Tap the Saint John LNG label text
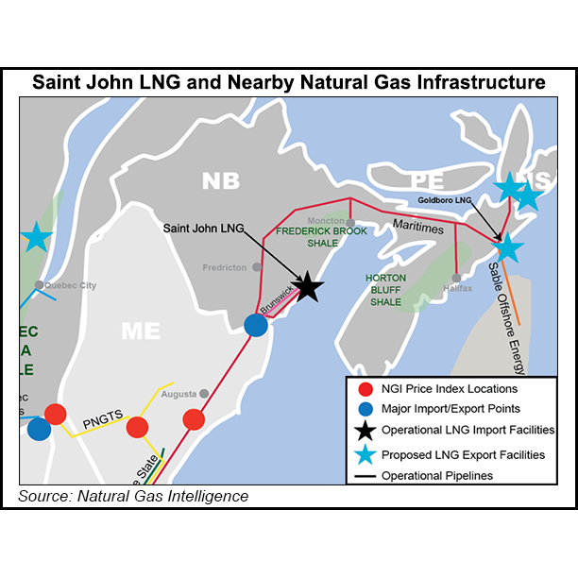[200, 228]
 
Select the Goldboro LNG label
[446, 200]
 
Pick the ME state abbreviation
[144, 331]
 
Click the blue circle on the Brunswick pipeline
[256, 325]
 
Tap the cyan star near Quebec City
[37, 237]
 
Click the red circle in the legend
[364, 388]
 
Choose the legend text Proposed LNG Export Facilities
[463, 454]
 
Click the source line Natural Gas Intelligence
[133, 495]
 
